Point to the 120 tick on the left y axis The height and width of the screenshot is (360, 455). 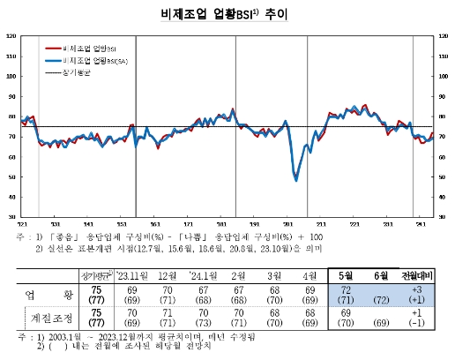point(11,36)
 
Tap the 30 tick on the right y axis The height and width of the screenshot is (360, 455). point(443,216)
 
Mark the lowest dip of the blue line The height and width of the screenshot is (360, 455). point(295,180)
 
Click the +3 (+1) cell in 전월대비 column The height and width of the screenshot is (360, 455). point(421,294)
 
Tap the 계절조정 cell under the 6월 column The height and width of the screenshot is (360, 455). point(384,317)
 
